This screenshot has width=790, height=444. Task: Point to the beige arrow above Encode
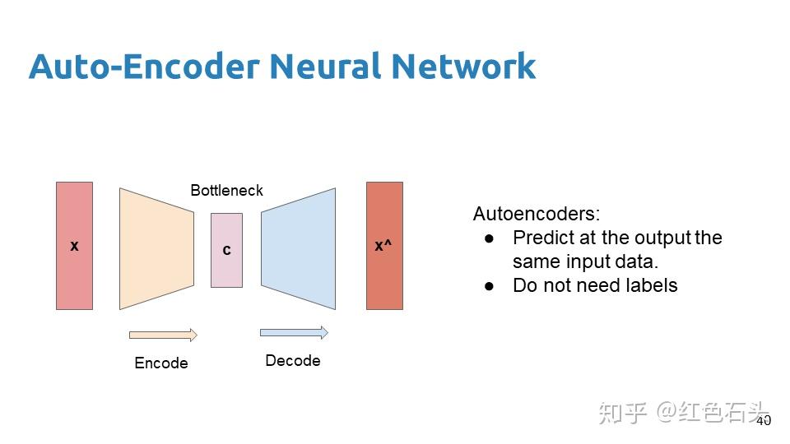click(x=163, y=335)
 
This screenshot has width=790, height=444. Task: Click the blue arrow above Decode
click(x=294, y=332)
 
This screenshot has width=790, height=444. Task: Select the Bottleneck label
click(x=226, y=191)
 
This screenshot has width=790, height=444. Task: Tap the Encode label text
click(x=161, y=363)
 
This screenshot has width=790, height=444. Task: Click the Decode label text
click(x=292, y=361)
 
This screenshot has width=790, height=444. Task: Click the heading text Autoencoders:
click(x=537, y=215)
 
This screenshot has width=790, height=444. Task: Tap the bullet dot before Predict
click(x=490, y=238)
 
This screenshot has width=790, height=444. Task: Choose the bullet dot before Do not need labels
click(x=490, y=286)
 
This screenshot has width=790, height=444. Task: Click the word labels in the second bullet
click(x=651, y=285)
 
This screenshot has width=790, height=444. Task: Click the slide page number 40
click(x=763, y=420)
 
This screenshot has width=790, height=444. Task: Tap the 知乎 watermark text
click(x=622, y=412)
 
